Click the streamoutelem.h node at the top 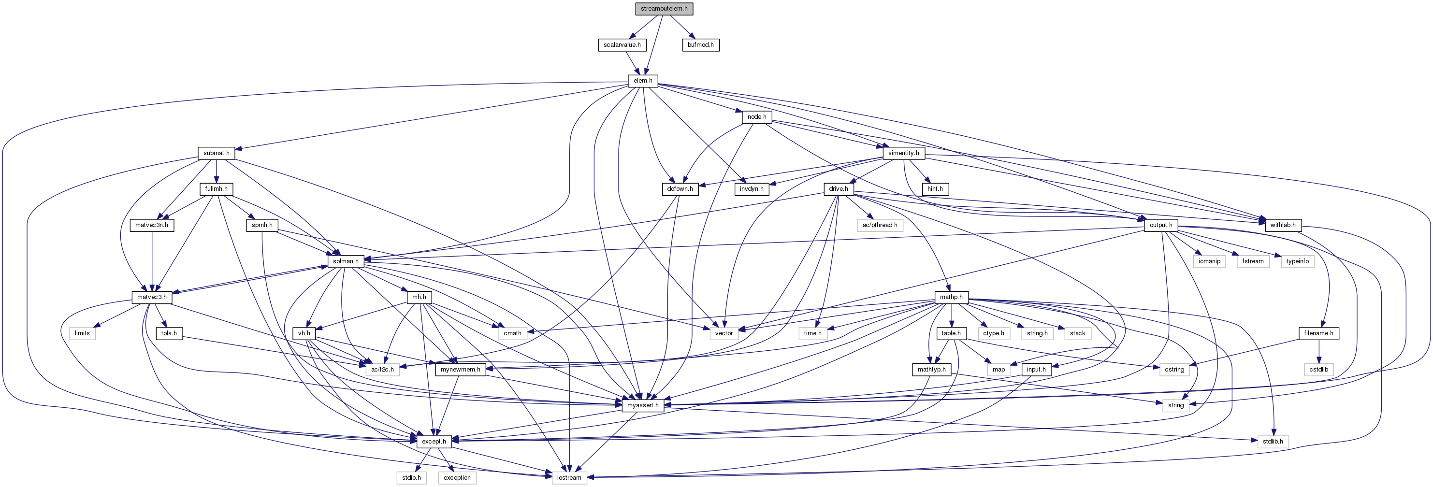pos(664,8)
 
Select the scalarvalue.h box pos(622,44)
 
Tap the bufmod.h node pos(700,44)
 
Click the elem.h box pos(643,81)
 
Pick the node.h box pos(756,117)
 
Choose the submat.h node pos(217,153)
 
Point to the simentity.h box pos(903,153)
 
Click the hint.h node pos(935,189)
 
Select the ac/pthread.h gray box pos(880,225)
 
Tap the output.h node pos(1161,225)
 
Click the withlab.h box pos(1283,225)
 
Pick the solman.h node pos(346,261)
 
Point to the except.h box pos(434,442)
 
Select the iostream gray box pos(569,477)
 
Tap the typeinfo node pos(1297,261)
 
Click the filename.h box pos(1318,333)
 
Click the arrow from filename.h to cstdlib pos(1318,351)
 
